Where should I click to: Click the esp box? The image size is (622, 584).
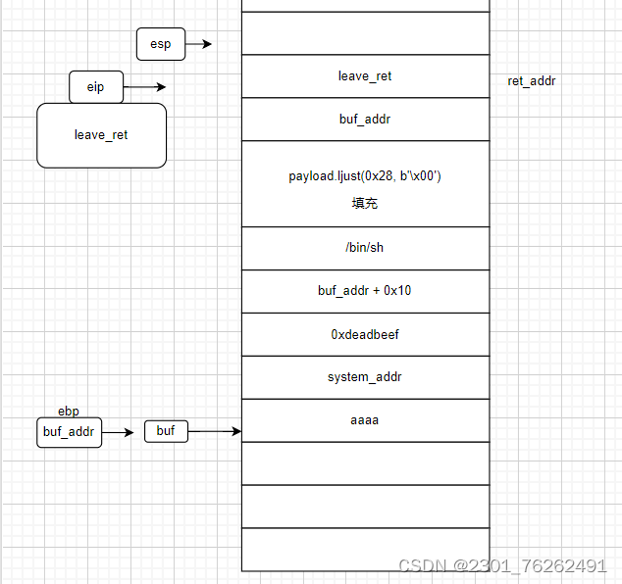(160, 44)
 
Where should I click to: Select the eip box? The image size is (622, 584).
(95, 87)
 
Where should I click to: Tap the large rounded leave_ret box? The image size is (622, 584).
(101, 134)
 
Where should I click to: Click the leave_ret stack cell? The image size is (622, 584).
(365, 76)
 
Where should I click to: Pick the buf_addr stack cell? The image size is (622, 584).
(365, 120)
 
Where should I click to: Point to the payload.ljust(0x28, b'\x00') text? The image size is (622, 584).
(365, 176)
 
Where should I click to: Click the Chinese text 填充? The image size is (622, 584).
(365, 204)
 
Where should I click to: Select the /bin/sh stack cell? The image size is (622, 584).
(365, 248)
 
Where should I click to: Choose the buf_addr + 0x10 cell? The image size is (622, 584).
(365, 291)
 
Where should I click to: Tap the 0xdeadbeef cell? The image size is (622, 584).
(365, 334)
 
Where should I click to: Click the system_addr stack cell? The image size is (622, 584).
(365, 377)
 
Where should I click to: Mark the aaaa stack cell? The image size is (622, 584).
(365, 420)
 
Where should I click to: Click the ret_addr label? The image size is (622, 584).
(532, 81)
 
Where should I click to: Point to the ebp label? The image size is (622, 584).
(69, 412)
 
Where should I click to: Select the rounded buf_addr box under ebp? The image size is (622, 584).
(70, 431)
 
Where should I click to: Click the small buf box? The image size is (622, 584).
(166, 431)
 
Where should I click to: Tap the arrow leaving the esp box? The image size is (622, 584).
(198, 44)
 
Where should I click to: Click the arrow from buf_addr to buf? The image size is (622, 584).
(118, 431)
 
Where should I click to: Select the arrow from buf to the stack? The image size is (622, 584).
(215, 431)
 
